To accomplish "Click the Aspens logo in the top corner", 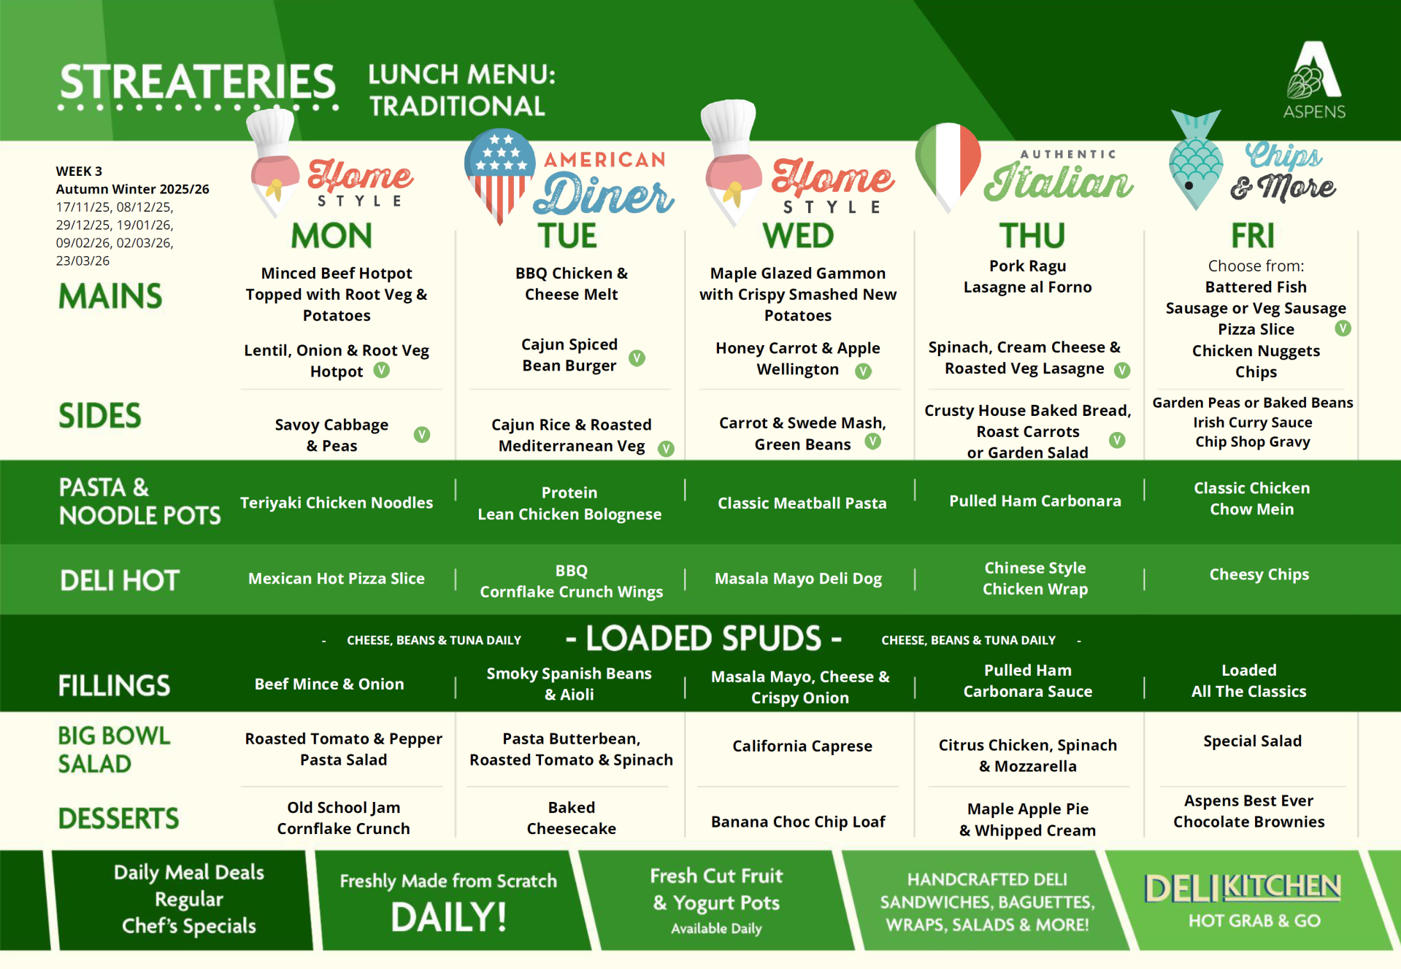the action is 1314,79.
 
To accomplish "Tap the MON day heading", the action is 331,236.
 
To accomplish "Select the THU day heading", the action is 1032,236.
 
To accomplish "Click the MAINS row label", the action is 110,296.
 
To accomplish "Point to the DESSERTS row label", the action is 118,818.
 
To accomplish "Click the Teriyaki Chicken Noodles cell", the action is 337,503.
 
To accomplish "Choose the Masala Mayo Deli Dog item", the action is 798,579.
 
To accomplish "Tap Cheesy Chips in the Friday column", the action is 1259,575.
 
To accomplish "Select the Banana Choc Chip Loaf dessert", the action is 798,822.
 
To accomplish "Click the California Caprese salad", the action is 802,746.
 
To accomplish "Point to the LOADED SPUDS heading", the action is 705,638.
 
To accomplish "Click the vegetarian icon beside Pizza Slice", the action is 1343,328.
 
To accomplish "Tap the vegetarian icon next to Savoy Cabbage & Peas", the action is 422,435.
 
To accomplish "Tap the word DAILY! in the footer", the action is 448,917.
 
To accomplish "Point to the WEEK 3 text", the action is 79,171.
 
